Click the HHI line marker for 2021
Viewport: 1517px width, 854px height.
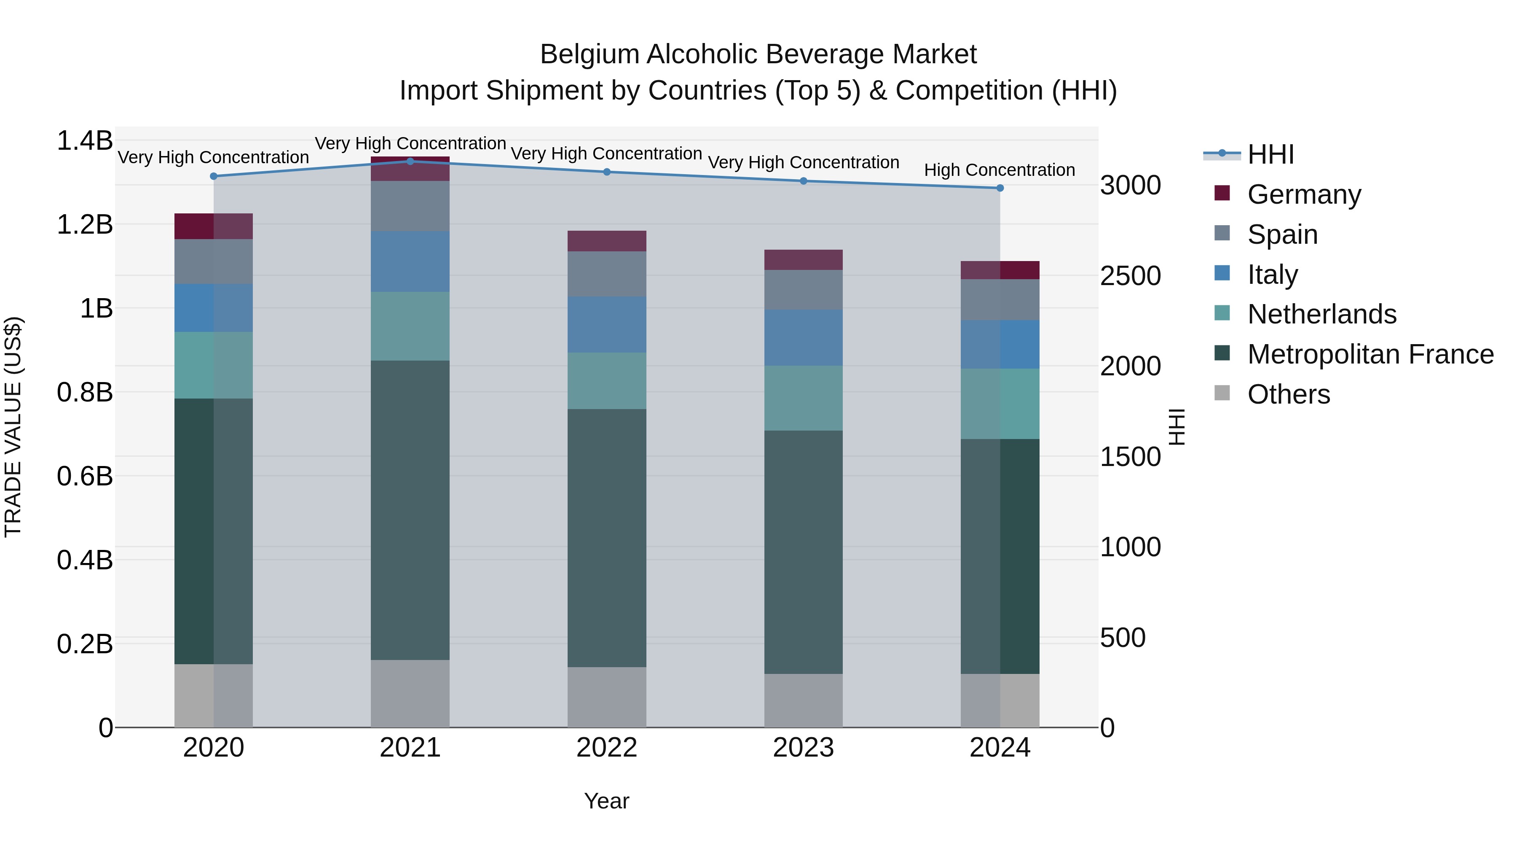(x=410, y=162)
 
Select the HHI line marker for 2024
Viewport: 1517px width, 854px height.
(x=1000, y=188)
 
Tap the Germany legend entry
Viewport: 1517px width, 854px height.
(x=1303, y=194)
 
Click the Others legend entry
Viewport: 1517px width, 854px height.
(x=1288, y=394)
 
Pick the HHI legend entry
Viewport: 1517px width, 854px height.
(x=1270, y=154)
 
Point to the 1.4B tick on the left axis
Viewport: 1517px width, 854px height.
(x=85, y=141)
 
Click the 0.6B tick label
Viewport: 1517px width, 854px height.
(x=85, y=476)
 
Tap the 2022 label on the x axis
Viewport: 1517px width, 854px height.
(x=606, y=748)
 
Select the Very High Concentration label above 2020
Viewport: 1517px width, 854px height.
(x=213, y=157)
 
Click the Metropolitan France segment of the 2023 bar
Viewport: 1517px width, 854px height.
(x=803, y=552)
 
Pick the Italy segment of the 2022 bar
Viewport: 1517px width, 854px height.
(x=606, y=325)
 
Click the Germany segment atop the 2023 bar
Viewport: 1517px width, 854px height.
(x=803, y=260)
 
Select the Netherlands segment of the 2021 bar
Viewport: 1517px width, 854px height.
(x=410, y=326)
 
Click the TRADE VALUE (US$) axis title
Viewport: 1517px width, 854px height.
(x=13, y=427)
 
